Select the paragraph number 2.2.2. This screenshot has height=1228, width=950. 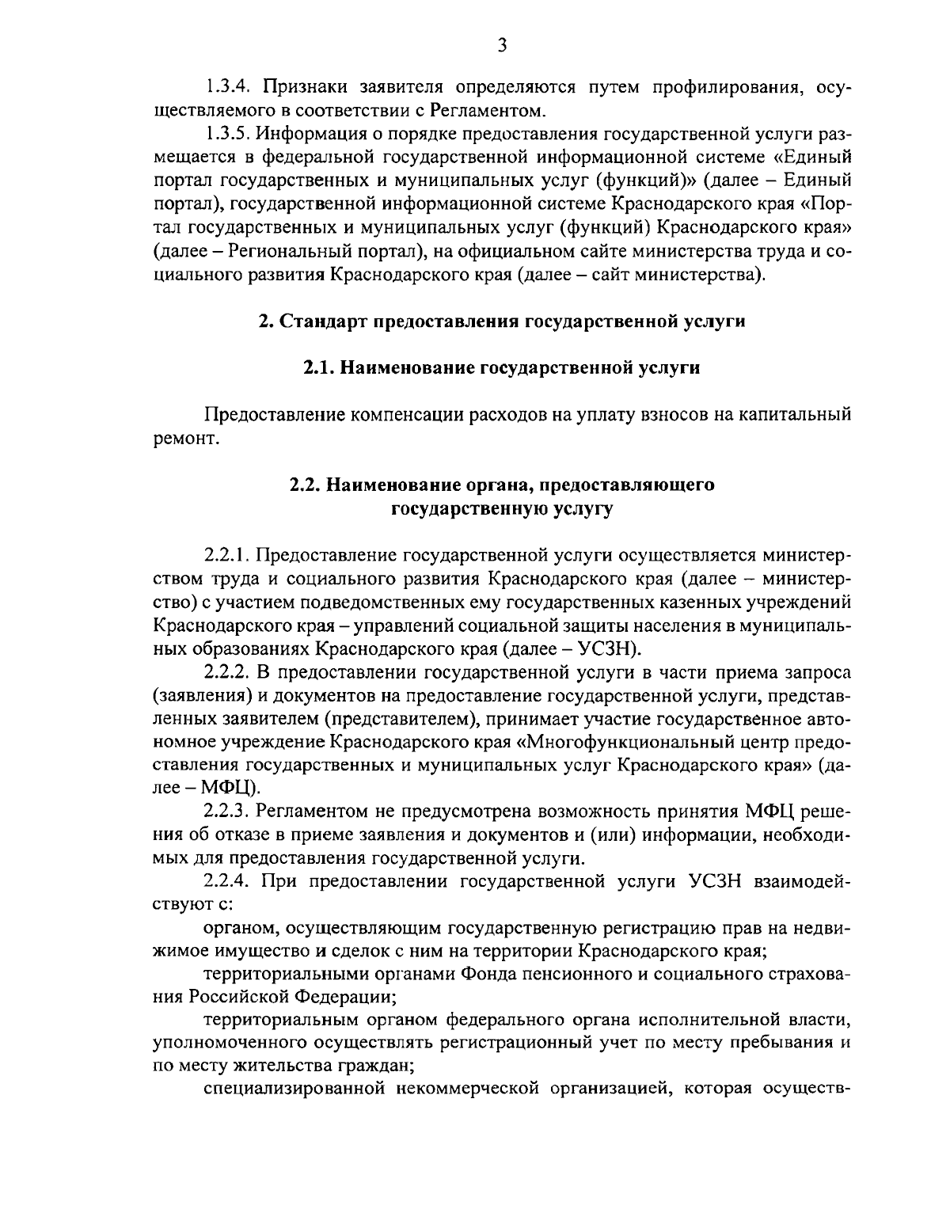point(227,672)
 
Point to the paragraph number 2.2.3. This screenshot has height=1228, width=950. point(227,812)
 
